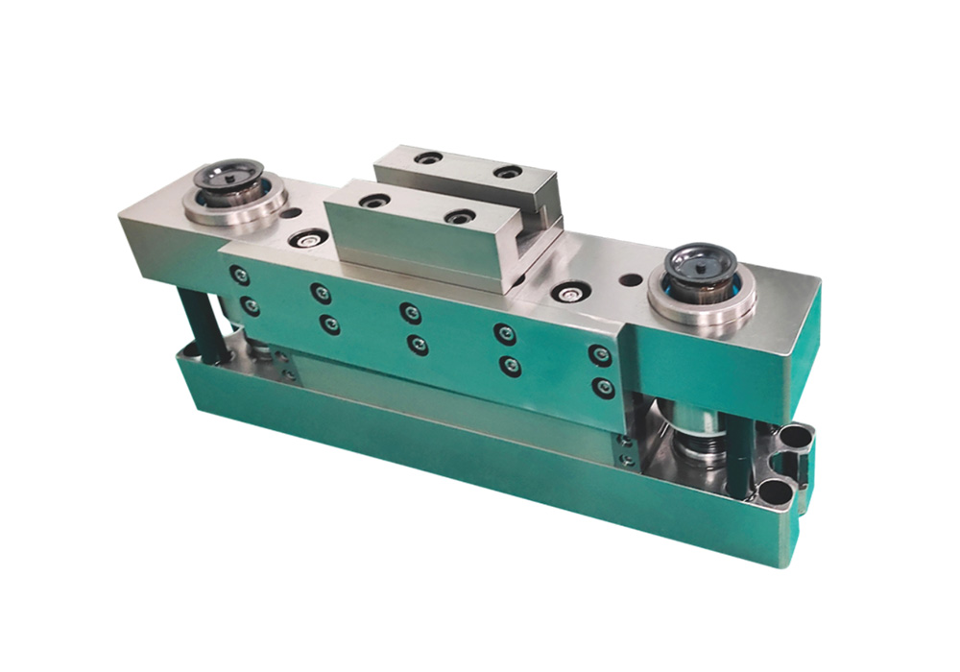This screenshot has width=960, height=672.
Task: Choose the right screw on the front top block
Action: [x=459, y=217]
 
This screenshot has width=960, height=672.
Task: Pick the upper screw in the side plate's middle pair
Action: [x=410, y=313]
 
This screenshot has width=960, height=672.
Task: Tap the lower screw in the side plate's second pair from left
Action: [x=327, y=325]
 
